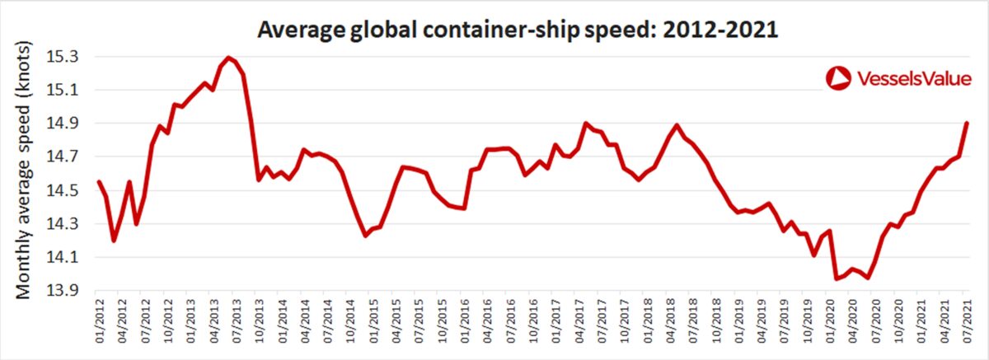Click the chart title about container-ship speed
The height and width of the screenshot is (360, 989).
point(517,30)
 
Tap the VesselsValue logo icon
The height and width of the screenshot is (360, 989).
point(837,78)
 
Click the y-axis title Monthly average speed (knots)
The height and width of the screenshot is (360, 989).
point(23,171)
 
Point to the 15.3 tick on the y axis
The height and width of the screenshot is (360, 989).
point(63,57)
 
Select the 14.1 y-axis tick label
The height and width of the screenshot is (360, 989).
point(63,257)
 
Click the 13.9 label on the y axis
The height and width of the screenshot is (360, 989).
point(63,291)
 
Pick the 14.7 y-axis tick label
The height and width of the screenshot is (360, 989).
point(63,157)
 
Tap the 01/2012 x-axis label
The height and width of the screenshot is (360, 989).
point(100,321)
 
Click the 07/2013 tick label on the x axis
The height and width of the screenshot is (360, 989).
point(237,321)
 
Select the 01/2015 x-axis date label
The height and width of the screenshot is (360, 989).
point(373,321)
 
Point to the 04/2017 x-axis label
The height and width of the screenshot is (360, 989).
point(579,321)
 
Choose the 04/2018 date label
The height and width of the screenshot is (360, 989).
point(671,321)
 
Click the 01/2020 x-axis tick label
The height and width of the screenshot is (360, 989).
point(831,321)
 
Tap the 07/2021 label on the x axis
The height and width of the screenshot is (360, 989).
point(968,321)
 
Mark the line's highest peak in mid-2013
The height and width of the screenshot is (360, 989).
point(227,58)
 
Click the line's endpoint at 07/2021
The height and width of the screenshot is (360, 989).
point(967,123)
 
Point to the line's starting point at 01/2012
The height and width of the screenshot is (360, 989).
point(99,181)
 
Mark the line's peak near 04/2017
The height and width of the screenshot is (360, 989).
point(585,124)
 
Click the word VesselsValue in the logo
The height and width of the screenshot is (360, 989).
point(914,79)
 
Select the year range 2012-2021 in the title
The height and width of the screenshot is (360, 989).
point(720,30)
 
